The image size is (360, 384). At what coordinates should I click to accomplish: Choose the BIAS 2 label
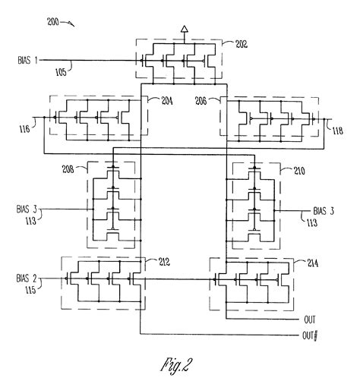coord(28,279)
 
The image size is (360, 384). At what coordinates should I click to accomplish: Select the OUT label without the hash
coord(309,320)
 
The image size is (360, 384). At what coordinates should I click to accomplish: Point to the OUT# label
coord(308,335)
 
